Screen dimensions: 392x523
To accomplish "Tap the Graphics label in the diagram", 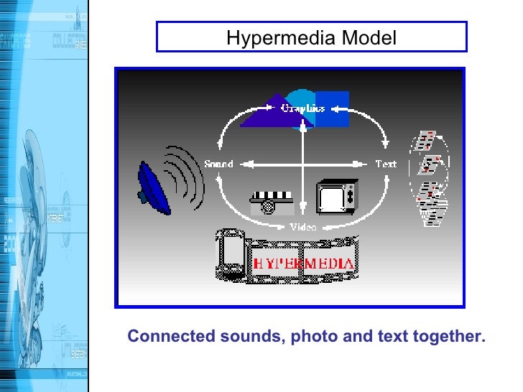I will point(302,108).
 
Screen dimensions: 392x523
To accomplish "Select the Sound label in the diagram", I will point(218,164).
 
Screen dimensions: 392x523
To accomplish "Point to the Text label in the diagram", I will point(386,164).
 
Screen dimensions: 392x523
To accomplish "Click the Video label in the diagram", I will point(302,227).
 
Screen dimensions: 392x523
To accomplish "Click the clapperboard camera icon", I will point(270,202).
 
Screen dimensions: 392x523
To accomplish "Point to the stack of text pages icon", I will point(429,179).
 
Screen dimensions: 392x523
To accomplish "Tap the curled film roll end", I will point(231,256).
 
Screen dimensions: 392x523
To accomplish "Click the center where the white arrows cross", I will point(303,164).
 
